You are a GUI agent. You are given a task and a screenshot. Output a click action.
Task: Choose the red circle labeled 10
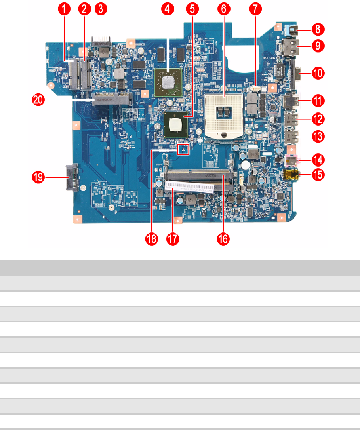pyautogui.click(x=318, y=73)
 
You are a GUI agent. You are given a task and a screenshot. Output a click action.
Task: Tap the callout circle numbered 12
pyautogui.click(x=318, y=118)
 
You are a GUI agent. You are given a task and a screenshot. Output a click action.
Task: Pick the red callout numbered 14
pyautogui.click(x=318, y=159)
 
